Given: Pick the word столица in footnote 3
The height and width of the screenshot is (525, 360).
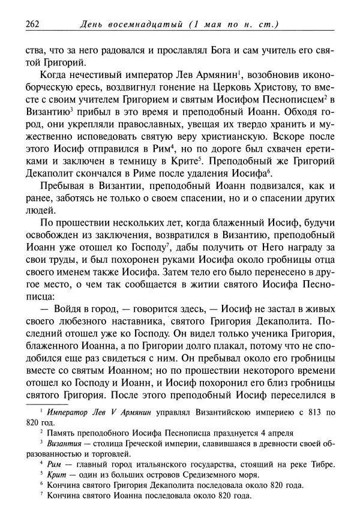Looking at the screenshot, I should [x=104, y=443].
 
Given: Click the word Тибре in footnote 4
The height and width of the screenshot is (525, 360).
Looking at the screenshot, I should [x=320, y=464].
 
